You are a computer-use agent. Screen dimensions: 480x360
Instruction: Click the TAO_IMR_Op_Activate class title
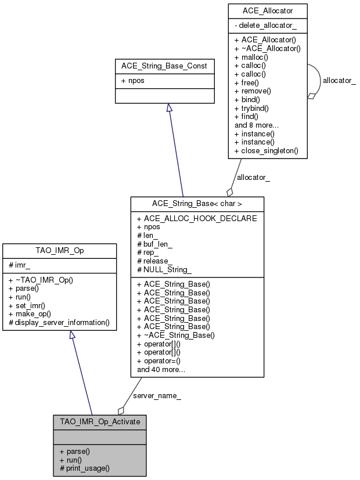point(100,421)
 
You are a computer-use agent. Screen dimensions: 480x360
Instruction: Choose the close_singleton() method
point(266,150)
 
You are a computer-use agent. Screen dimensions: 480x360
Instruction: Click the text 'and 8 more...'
point(257,125)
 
